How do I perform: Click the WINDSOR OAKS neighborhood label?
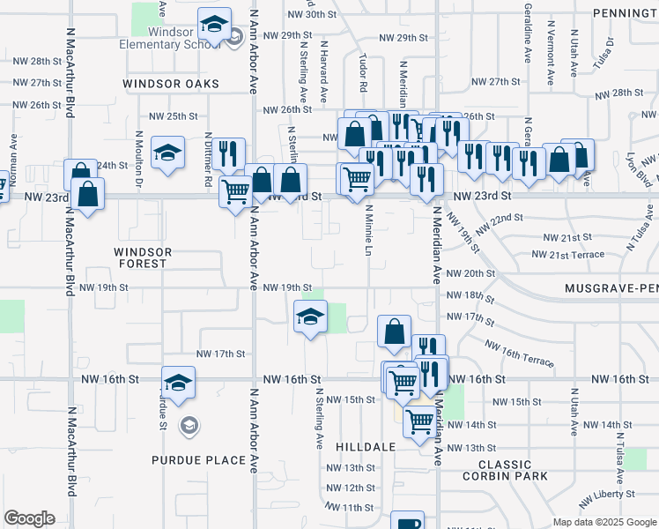tap(170, 85)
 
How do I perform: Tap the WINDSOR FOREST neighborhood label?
tap(141, 257)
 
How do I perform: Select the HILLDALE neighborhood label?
tap(366, 447)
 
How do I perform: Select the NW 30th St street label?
tap(312, 15)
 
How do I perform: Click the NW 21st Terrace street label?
tap(568, 255)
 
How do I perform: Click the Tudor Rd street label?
tap(363, 72)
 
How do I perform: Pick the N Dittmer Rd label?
tap(208, 159)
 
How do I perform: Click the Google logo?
tap(29, 519)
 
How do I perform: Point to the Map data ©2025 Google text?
tap(603, 522)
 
